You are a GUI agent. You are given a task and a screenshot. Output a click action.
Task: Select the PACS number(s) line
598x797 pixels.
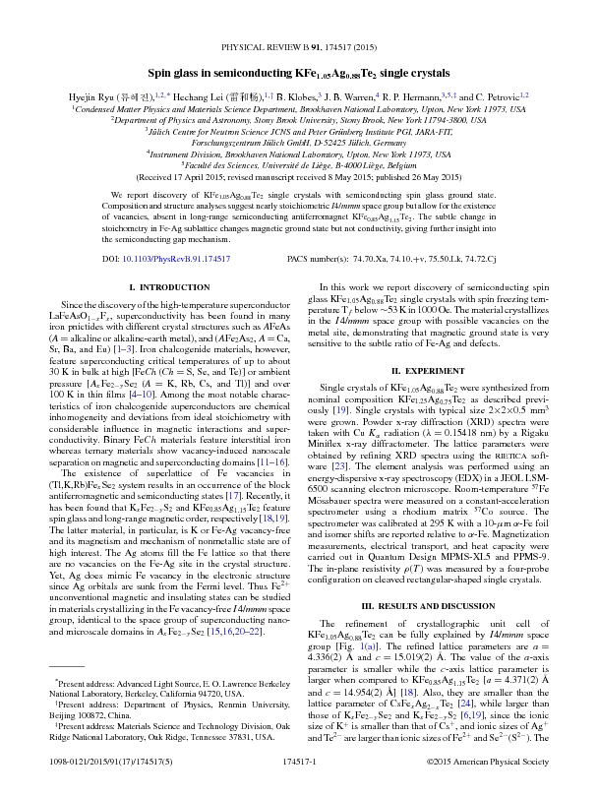(413, 259)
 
